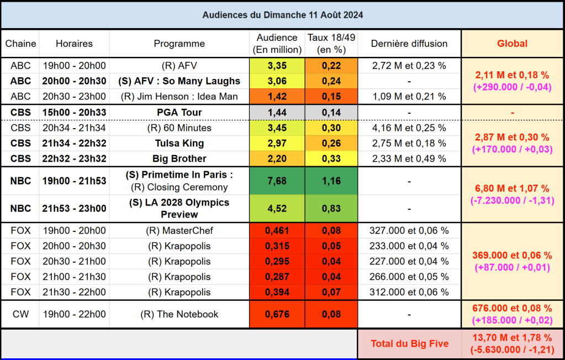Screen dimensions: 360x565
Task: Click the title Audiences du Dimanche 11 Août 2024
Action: pyautogui.click(x=282, y=15)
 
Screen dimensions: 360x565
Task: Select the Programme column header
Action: pyautogui.click(x=179, y=44)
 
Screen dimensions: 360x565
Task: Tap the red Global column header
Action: pyautogui.click(x=512, y=44)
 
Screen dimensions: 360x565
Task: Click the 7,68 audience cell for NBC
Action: pyautogui.click(x=277, y=181)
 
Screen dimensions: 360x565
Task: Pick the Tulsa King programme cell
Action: pyautogui.click(x=179, y=144)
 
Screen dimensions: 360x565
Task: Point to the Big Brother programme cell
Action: pyautogui.click(x=179, y=159)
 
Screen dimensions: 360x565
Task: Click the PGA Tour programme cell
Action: pyautogui.click(x=179, y=113)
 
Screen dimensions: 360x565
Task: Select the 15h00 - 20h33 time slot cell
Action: pyautogui.click(x=74, y=113)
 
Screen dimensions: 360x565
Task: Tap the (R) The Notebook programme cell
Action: pyautogui.click(x=179, y=315)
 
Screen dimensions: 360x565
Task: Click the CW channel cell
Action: pyautogui.click(x=21, y=315)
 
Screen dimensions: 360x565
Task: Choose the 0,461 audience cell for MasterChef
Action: pyautogui.click(x=277, y=231)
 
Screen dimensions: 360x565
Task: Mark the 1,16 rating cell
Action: pyautogui.click(x=331, y=181)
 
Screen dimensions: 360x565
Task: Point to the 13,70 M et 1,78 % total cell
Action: pyautogui.click(x=512, y=344)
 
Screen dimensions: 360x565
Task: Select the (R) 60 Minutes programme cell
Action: pyautogui.click(x=179, y=128)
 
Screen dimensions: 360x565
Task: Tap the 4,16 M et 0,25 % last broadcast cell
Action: pyautogui.click(x=409, y=128)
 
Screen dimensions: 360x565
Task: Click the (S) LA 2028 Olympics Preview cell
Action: pyautogui.click(x=179, y=208)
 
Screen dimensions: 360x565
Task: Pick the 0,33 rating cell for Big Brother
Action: pyautogui.click(x=331, y=159)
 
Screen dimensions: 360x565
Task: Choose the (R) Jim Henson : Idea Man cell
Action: pyautogui.click(x=179, y=97)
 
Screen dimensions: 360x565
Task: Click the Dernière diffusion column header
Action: pyautogui.click(x=409, y=44)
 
